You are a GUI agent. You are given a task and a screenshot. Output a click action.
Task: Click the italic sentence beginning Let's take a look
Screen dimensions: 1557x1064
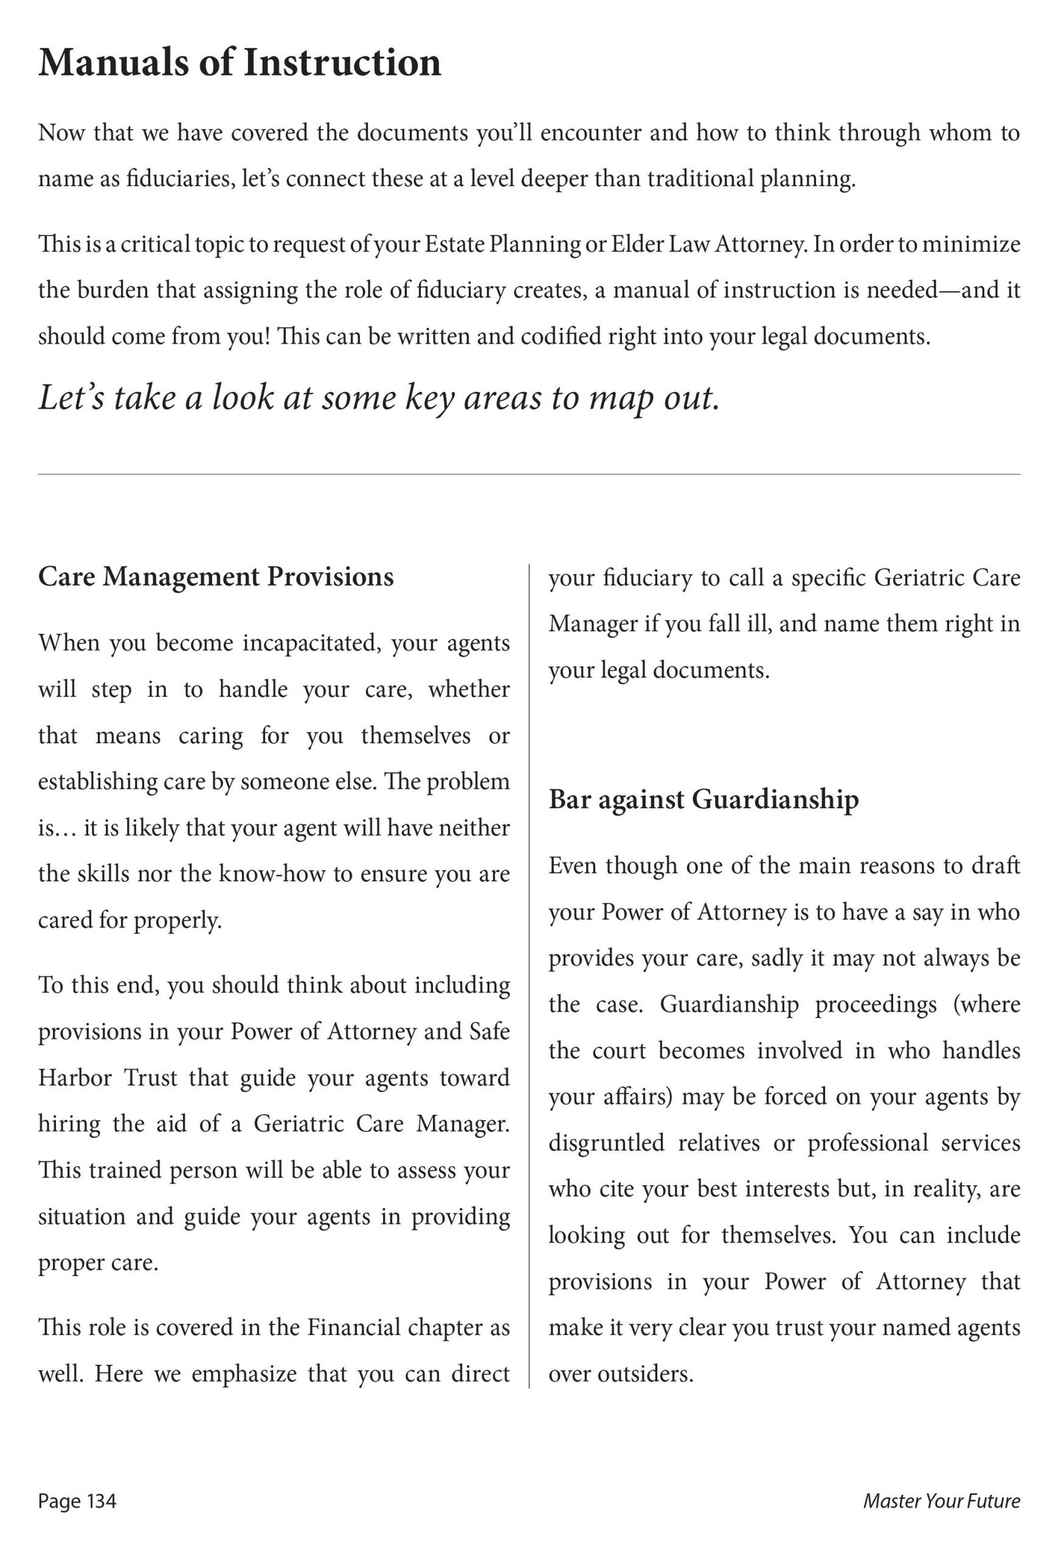pyautogui.click(x=378, y=397)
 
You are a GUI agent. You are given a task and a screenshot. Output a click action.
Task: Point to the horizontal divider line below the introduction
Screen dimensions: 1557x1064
pyautogui.click(x=529, y=474)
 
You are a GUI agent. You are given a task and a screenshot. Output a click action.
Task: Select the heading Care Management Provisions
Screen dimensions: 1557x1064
pyautogui.click(x=215, y=577)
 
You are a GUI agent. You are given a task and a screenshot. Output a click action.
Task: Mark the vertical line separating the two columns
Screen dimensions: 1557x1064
pyautogui.click(x=529, y=972)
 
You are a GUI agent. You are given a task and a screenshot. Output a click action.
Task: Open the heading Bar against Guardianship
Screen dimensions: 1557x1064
pyautogui.click(x=704, y=799)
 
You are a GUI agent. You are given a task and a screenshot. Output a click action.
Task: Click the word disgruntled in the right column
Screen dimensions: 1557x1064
pyautogui.click(x=606, y=1142)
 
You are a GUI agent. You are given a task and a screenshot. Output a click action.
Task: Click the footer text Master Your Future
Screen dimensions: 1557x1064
pyautogui.click(x=942, y=1501)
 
